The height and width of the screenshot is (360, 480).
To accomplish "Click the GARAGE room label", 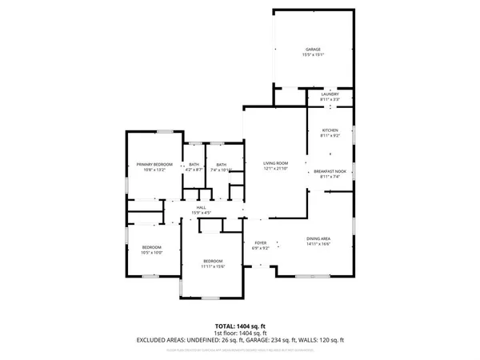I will (x=312, y=49).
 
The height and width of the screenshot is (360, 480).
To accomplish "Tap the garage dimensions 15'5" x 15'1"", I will (x=312, y=54).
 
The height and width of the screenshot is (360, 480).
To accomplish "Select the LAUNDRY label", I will (x=330, y=94).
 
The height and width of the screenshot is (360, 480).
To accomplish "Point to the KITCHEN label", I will (x=330, y=130).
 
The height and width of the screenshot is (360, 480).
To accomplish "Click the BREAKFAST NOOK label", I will (x=330, y=171).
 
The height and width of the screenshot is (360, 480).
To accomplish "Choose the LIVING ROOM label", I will (x=275, y=163).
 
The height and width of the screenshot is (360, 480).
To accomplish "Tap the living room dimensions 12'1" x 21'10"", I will (x=275, y=169).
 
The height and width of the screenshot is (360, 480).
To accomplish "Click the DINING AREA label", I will (x=318, y=238).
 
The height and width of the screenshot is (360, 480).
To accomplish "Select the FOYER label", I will (x=260, y=242).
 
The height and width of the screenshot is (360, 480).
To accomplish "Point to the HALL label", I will (x=200, y=207).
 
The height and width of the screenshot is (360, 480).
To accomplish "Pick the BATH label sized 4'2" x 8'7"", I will (x=194, y=164).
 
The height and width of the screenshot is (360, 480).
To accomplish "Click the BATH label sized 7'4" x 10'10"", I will (x=221, y=164).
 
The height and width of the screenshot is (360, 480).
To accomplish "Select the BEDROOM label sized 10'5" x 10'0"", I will (x=151, y=247).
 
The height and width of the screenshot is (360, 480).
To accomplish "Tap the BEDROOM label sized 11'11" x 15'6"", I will (x=212, y=261).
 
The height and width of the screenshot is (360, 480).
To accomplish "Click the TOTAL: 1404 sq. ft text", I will (x=239, y=326).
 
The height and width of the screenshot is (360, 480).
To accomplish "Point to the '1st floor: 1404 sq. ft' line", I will (x=239, y=333).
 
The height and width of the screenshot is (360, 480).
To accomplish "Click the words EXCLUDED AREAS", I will (x=162, y=340).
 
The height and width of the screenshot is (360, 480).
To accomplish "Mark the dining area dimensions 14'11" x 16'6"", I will (x=318, y=244).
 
